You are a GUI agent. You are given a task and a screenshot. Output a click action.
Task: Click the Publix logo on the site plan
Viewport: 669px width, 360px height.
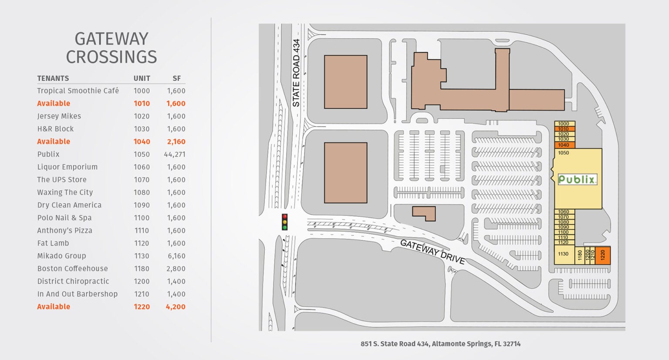[577, 179]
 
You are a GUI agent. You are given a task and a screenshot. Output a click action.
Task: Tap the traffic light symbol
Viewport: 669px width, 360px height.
[285, 222]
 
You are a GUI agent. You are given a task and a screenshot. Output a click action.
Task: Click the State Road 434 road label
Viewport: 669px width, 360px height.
[296, 73]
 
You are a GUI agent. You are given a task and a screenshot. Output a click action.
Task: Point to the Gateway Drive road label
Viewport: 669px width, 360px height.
[432, 252]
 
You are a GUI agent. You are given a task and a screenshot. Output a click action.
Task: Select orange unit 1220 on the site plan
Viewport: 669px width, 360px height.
[603, 255]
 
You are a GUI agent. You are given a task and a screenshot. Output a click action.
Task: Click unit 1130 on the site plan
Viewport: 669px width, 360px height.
[563, 254]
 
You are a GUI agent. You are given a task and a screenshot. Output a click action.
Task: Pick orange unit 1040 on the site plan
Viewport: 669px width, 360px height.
[564, 145]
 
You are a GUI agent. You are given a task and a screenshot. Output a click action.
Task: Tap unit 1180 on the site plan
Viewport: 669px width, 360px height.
[580, 256]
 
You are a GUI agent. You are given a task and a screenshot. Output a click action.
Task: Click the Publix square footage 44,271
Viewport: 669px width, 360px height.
[175, 154]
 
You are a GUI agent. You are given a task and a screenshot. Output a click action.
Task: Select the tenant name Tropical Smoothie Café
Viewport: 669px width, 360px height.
[78, 91]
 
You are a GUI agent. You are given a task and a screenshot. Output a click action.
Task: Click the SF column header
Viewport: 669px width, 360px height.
[176, 78]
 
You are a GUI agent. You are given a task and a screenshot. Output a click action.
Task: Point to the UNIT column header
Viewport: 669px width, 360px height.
[142, 78]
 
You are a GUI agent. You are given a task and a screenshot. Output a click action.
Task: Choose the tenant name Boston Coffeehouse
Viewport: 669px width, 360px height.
[72, 269]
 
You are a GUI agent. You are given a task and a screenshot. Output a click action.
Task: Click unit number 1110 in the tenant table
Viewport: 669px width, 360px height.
[142, 231]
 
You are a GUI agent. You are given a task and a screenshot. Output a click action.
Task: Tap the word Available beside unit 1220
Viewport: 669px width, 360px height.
[54, 307]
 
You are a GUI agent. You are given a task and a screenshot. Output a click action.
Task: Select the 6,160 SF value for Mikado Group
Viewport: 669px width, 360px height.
[176, 256]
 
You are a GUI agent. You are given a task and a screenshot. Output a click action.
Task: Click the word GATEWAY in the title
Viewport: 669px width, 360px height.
[111, 39]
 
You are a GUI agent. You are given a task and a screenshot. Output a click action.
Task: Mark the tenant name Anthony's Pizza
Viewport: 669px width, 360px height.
[64, 231]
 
